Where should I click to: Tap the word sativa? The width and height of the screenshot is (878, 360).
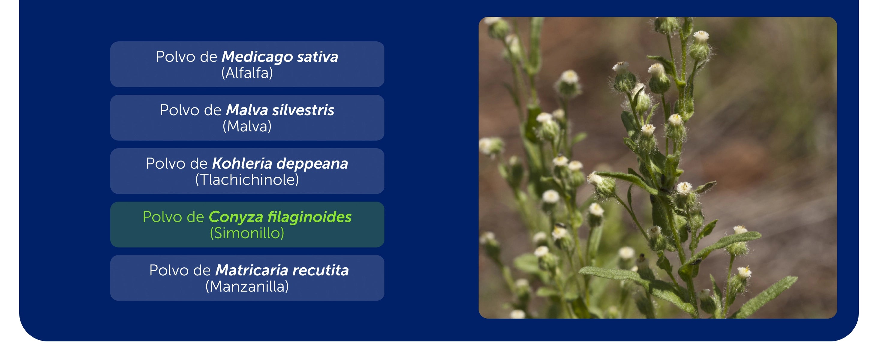(x=318, y=57)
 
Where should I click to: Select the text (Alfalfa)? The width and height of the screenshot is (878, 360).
(x=247, y=73)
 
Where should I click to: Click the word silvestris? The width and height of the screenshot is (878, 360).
(x=303, y=110)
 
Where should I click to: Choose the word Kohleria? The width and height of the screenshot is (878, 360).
(x=242, y=163)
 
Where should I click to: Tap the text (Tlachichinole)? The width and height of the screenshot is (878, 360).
(x=247, y=180)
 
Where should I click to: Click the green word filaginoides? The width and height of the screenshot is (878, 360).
(x=309, y=217)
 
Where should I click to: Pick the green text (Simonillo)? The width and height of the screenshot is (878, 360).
(x=247, y=233)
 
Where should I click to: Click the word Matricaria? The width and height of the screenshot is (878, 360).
(x=252, y=270)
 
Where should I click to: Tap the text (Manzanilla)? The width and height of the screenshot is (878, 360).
(x=247, y=287)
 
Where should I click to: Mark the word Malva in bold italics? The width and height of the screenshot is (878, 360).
(x=247, y=110)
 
